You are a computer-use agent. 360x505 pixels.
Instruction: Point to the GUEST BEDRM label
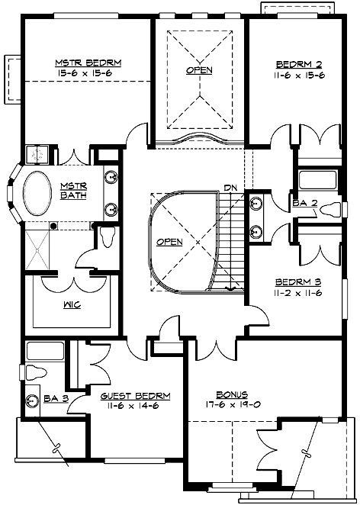135,397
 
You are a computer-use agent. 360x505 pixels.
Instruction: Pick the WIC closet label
74,305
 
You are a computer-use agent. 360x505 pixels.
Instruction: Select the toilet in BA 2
330,210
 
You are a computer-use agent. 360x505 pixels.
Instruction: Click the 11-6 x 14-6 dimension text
135,407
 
